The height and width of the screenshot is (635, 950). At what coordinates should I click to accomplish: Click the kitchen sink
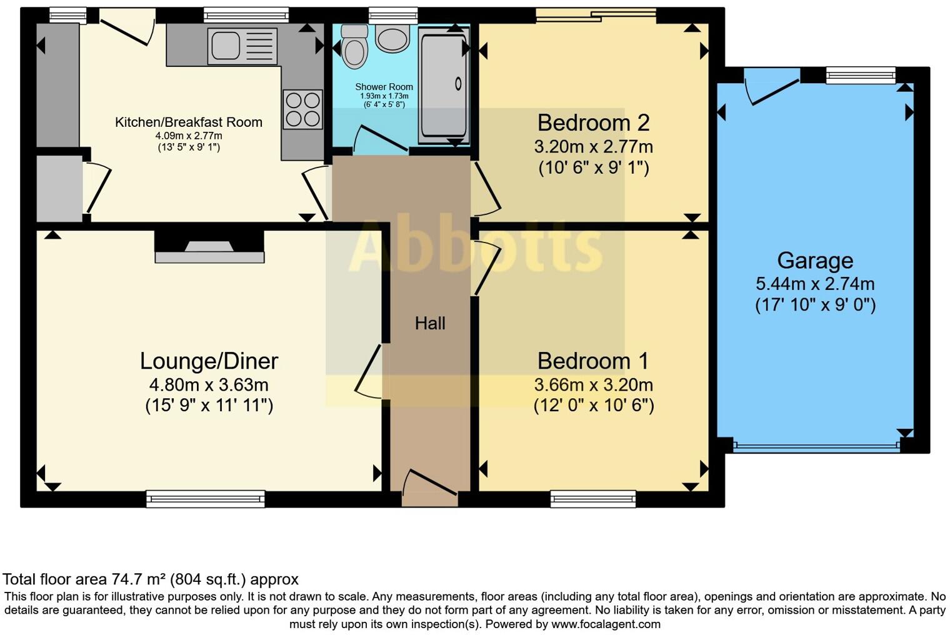tap(242, 46)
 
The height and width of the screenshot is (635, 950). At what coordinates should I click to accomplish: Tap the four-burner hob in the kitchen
tap(303, 109)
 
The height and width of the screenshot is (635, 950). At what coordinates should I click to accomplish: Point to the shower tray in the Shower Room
tap(444, 84)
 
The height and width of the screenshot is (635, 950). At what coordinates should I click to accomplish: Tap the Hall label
tap(430, 323)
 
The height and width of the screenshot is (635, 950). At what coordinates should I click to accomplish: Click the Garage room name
tap(815, 260)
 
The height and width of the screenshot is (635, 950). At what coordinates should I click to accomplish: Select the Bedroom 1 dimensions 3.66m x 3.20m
tap(593, 384)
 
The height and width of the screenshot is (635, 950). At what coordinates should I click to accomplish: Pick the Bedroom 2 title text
tap(593, 122)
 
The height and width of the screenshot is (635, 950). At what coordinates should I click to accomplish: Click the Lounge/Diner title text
tap(209, 361)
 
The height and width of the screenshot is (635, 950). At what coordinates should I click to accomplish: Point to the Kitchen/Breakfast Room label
tap(188, 122)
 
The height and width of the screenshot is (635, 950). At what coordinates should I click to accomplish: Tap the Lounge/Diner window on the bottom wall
tap(206, 498)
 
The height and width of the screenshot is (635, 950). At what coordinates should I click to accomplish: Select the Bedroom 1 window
tap(593, 498)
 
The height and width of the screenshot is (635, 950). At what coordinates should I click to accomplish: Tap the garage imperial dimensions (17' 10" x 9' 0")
tap(815, 305)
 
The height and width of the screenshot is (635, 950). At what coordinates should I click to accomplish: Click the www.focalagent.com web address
tap(606, 624)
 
